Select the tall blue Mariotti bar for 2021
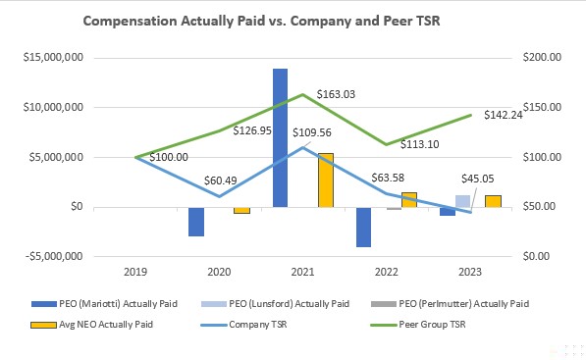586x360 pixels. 280,137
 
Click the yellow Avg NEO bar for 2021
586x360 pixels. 326,180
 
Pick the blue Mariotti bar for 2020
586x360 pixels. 196,221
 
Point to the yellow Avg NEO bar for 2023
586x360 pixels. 493,201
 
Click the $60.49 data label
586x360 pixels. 224,180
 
